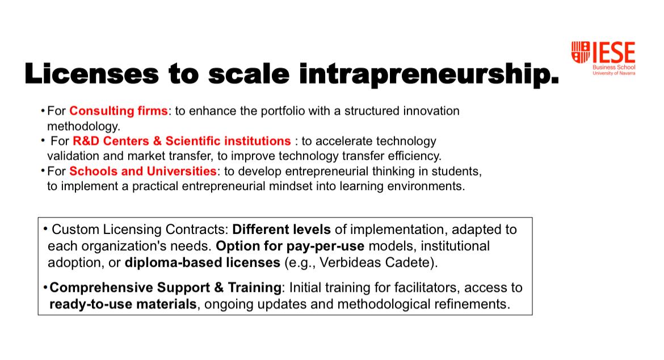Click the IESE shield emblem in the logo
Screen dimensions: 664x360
click(581, 52)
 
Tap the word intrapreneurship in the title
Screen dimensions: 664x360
click(429, 74)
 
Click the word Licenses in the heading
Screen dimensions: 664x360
click(91, 73)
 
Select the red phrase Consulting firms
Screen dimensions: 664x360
click(119, 111)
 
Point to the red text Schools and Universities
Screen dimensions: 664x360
click(143, 171)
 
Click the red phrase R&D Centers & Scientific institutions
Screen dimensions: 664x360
click(182, 141)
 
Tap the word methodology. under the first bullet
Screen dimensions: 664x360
click(84, 126)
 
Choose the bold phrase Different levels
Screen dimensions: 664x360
click(281, 229)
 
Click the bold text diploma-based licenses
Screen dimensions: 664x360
click(203, 262)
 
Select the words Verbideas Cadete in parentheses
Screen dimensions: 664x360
click(375, 262)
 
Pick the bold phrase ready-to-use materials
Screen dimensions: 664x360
click(123, 304)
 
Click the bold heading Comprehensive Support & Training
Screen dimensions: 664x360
click(166, 287)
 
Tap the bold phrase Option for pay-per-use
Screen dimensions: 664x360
click(290, 246)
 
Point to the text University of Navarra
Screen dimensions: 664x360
click(613, 73)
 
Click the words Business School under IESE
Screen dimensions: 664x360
click(613, 67)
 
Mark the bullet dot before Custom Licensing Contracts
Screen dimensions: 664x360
click(45, 229)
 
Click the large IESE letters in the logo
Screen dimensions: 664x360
click(613, 52)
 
